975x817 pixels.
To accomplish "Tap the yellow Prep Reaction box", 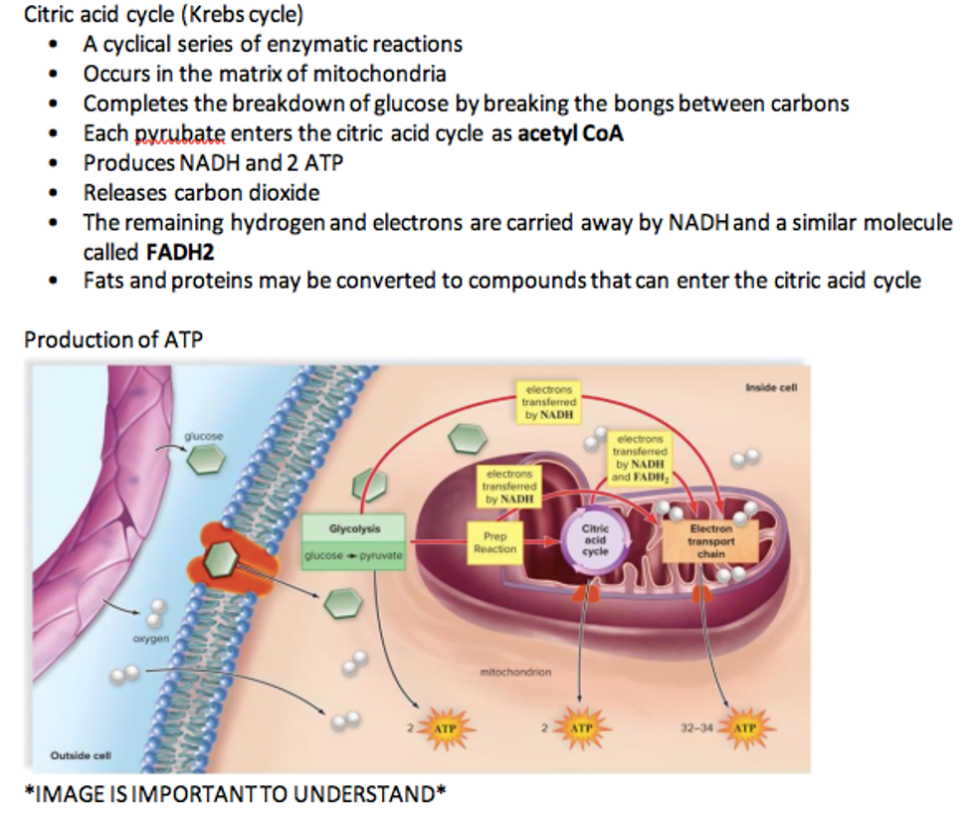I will [494, 542].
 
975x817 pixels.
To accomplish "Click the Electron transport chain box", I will [709, 541].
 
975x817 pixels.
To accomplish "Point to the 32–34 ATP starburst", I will [743, 729].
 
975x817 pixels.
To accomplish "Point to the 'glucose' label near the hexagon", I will [205, 437].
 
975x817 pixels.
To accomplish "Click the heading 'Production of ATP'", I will [113, 339].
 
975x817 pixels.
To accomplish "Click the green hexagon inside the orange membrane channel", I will [221, 562].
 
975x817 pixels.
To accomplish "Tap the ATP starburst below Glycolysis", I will [445, 729].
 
